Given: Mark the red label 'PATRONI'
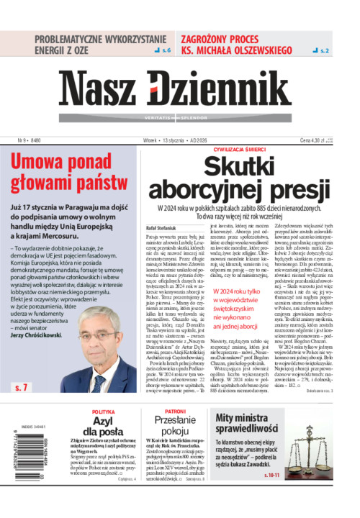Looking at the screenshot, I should (174, 412).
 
